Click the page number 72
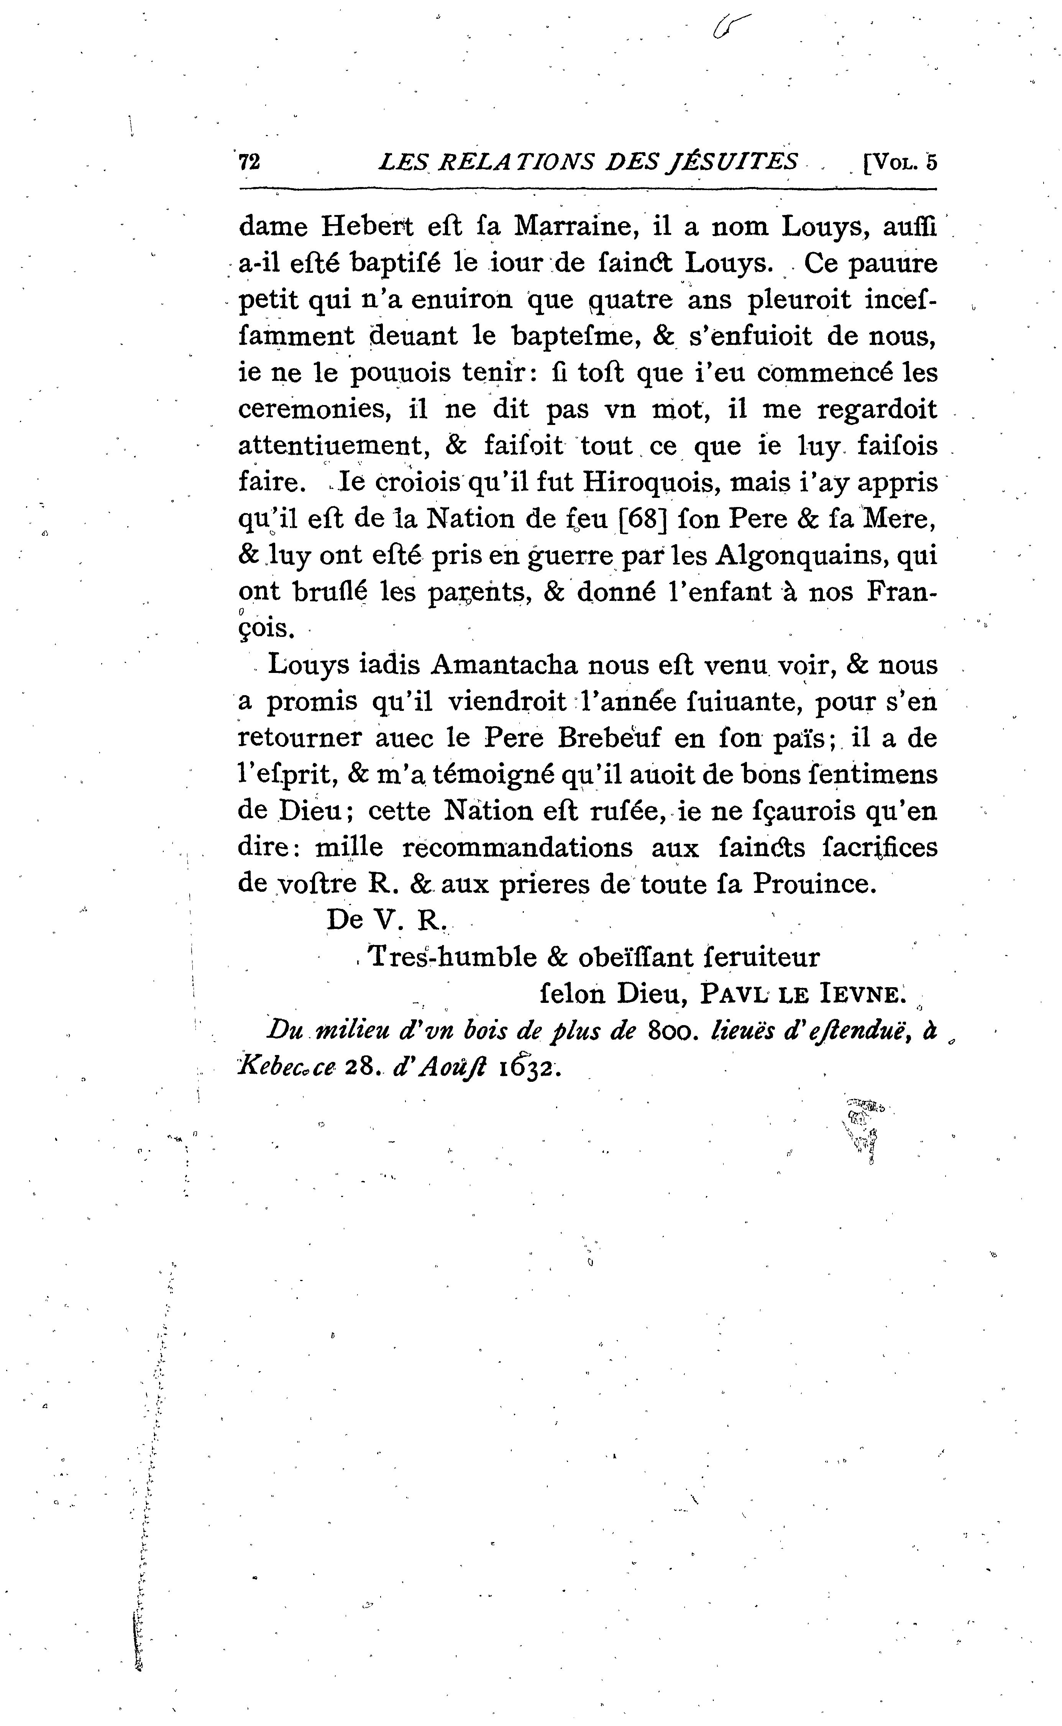(249, 162)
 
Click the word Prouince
(815, 884)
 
